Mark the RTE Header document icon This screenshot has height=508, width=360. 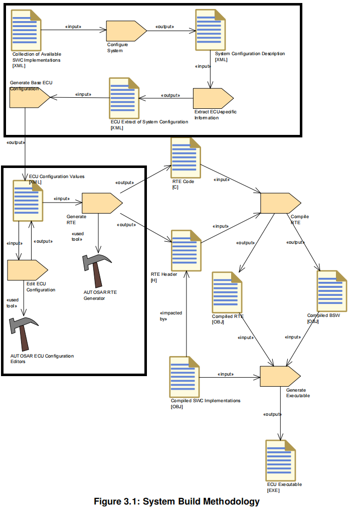(x=186, y=250)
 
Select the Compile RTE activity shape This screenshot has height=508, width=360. (x=280, y=203)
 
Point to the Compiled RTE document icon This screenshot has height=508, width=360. (x=227, y=291)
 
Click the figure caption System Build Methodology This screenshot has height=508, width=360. (x=177, y=501)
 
